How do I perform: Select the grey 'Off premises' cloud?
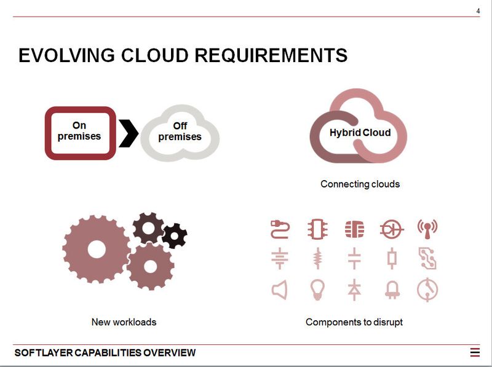180,132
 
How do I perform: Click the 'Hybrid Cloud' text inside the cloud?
360,132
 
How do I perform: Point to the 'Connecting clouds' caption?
360,184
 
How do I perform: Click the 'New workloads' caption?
124,322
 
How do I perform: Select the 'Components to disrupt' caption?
354,322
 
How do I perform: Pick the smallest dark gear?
175,235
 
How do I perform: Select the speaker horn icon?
279,290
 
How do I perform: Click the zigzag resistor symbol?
317,259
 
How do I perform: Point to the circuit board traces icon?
427,259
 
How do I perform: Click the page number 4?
478,11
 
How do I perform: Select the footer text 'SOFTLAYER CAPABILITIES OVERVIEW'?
105,353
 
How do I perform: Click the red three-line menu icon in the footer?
475,353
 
